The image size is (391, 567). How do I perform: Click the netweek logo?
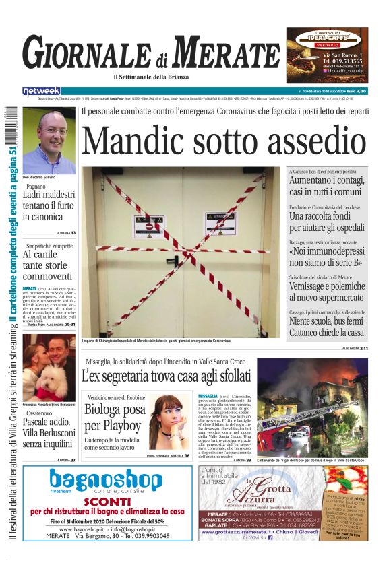pos(41,91)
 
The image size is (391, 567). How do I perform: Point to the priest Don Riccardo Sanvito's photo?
pos(49,140)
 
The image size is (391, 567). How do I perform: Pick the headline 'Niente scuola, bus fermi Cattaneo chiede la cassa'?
pos(327,327)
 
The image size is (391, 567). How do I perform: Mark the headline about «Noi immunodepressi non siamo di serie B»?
pos(327,257)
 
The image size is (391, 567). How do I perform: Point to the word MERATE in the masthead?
pos(229,53)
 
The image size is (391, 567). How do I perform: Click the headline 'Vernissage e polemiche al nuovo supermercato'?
pos(327,292)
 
